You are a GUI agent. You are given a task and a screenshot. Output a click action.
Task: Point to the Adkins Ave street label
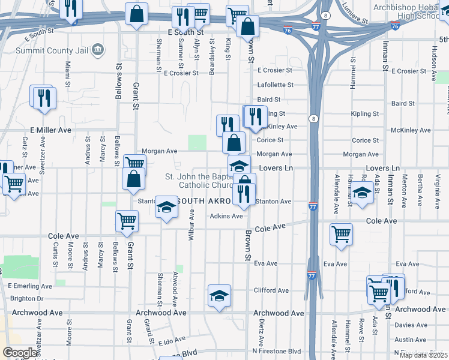(x=226, y=216)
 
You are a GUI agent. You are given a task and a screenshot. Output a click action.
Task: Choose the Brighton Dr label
(x=27, y=298)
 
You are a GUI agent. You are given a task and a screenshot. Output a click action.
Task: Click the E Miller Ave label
(x=50, y=130)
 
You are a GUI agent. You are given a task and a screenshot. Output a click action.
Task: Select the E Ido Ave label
(x=173, y=342)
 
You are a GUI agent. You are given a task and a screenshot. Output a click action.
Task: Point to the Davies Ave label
(x=411, y=325)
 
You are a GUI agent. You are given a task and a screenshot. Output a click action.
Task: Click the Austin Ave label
(x=411, y=340)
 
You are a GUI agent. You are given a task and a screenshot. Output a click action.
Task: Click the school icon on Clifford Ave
(x=219, y=295)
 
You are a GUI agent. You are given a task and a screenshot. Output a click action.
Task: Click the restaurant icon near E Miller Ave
(x=44, y=98)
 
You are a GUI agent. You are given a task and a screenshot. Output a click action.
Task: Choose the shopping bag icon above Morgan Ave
(x=234, y=143)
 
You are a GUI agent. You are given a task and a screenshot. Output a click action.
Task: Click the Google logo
(x=20, y=353)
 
